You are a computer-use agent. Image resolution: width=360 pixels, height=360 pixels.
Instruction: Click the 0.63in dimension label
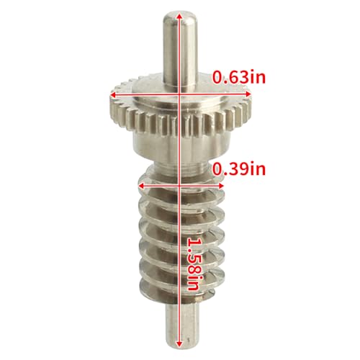pyautogui.click(x=239, y=77)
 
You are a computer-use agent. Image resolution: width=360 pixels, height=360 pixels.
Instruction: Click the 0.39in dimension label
pyautogui.click(x=239, y=169)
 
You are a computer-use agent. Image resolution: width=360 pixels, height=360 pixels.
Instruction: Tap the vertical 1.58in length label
pyautogui.click(x=194, y=264)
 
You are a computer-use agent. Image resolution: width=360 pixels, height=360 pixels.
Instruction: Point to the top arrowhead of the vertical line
pyautogui.click(x=179, y=17)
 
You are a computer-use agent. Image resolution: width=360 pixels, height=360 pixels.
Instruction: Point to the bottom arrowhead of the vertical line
pyautogui.click(x=179, y=343)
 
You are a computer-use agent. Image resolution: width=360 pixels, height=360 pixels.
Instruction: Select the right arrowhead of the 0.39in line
pyautogui.click(x=220, y=186)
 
